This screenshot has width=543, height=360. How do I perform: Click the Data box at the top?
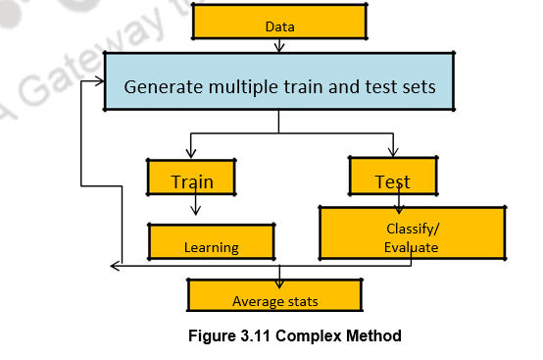[279, 22]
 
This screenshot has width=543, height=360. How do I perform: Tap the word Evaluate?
[412, 248]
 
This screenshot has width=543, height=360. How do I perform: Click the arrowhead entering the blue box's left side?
[100, 81]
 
